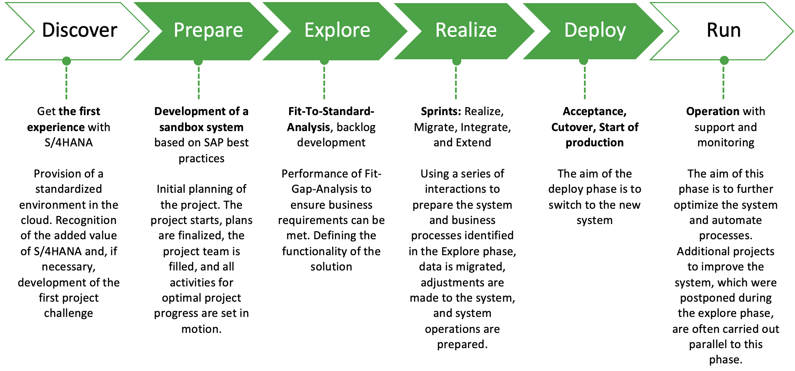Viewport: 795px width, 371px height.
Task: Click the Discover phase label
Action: [79, 31]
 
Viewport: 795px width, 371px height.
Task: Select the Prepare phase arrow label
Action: [208, 31]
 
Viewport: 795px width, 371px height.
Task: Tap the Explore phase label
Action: [337, 31]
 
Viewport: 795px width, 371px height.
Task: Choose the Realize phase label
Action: [466, 31]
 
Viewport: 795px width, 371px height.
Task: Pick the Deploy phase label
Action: [595, 31]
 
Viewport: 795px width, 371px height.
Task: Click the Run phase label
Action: [724, 31]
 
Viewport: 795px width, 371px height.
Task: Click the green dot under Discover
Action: [67, 61]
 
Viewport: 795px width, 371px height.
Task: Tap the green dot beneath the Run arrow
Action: [724, 61]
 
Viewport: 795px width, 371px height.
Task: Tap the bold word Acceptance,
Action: [594, 111]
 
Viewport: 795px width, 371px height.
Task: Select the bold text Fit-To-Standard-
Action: [331, 111]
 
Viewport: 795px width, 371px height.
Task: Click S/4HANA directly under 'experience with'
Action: [69, 143]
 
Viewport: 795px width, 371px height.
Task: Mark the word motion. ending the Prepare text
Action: [201, 329]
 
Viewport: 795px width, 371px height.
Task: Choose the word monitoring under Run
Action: [726, 143]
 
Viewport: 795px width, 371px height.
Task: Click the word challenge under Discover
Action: [69, 313]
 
